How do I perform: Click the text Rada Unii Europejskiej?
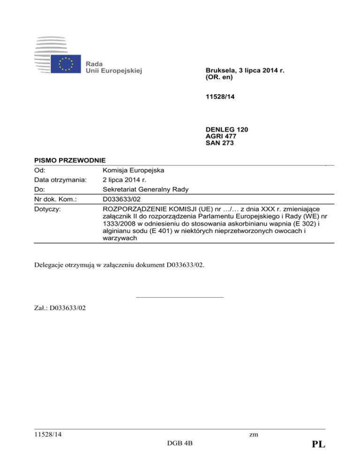113,67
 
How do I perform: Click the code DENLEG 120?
227,129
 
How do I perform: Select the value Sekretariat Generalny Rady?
145,189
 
